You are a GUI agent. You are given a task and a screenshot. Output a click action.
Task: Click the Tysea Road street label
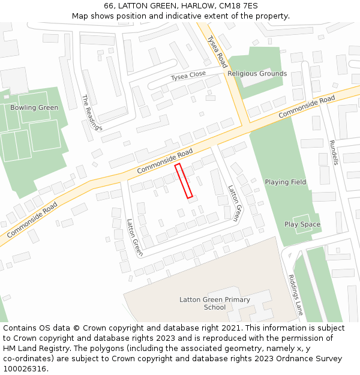(218, 51)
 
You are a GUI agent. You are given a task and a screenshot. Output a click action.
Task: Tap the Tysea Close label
(188, 76)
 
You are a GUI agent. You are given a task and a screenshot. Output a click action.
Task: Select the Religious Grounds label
(257, 74)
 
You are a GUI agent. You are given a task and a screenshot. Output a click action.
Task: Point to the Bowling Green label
(34, 108)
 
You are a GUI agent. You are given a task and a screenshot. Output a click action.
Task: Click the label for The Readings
(92, 113)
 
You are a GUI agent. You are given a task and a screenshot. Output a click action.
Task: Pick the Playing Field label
(286, 182)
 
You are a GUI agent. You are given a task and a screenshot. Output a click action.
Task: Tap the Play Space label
(302, 224)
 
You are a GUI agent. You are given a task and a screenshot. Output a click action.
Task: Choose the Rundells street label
(334, 152)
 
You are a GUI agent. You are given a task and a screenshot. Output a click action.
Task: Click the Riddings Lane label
(296, 295)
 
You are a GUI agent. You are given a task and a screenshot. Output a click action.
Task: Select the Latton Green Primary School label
(215, 304)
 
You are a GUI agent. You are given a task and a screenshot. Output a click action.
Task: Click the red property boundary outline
(184, 181)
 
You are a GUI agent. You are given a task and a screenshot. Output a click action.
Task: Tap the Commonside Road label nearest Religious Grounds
(307, 106)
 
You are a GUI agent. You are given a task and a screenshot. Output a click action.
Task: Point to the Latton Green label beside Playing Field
(234, 203)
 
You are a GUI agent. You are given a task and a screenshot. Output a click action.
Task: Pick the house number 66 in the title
(109, 5)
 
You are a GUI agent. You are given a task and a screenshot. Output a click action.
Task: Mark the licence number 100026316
(25, 369)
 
